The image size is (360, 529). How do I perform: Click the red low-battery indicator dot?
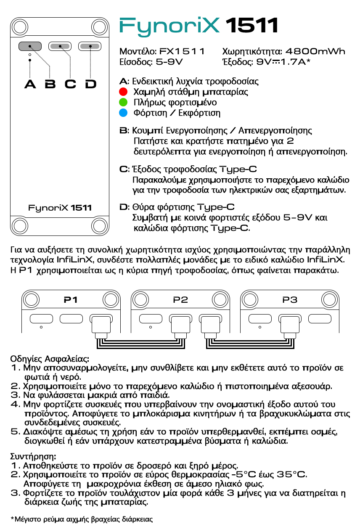[123, 91]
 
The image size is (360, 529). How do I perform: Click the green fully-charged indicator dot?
[123, 102]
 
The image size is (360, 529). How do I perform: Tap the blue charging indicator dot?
[123, 113]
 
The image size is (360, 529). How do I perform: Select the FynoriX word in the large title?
[170, 26]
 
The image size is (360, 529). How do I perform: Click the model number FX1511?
[182, 52]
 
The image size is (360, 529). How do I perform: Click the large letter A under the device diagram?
[30, 84]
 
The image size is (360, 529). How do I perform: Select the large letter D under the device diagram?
[90, 84]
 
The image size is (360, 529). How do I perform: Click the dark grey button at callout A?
[29, 46]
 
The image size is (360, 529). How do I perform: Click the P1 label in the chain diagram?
[71, 300]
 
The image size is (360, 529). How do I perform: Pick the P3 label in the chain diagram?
[290, 300]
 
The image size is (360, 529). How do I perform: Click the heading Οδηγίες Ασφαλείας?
[50, 359]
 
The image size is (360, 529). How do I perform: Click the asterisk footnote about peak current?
[81, 519]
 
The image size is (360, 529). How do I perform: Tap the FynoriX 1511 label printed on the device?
[60, 208]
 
